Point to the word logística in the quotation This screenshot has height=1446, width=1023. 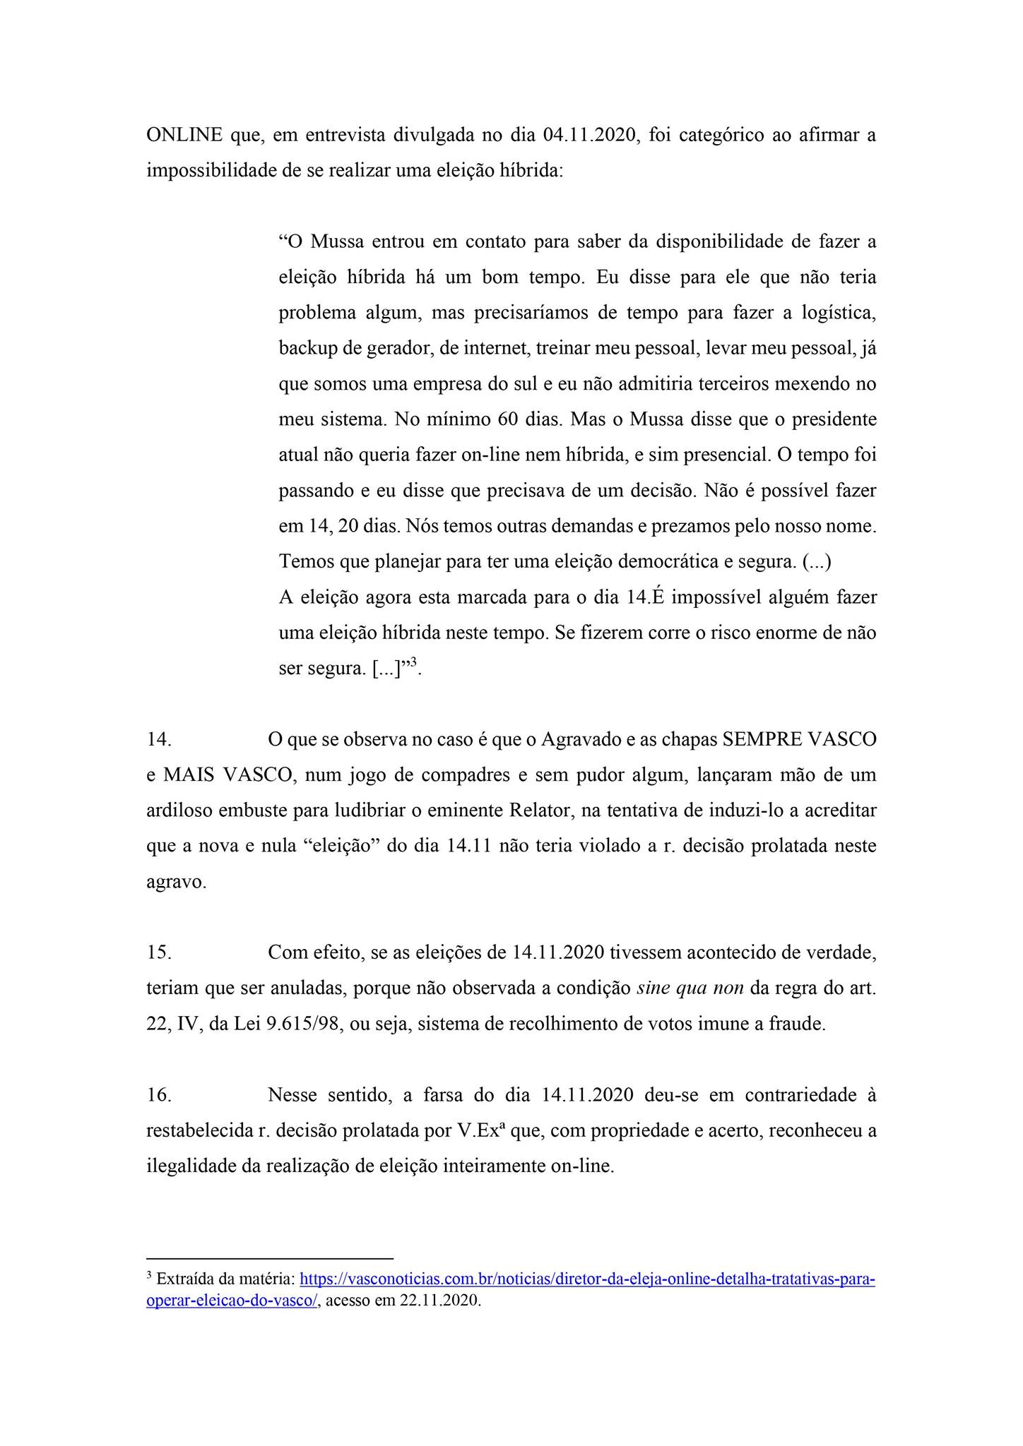pos(838,313)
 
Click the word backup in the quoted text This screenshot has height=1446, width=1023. pos(309,349)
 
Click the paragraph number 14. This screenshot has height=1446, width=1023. pos(159,740)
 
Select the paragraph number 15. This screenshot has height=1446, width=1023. pos(159,952)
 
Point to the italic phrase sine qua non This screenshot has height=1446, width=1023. pos(690,988)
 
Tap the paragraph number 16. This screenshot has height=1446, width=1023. pos(159,1095)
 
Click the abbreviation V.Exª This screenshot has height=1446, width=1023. pos(480,1130)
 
